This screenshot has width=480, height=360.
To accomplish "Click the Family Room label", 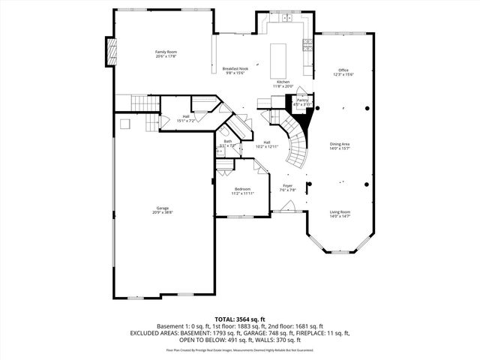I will (x=165, y=51).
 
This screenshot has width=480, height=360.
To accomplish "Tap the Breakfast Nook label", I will (x=235, y=68).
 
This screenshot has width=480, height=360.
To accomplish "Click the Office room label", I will (x=343, y=70).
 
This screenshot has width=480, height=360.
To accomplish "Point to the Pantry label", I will (x=302, y=100).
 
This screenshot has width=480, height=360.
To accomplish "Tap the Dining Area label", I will (x=340, y=144).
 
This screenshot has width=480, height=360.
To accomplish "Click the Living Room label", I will (x=340, y=212).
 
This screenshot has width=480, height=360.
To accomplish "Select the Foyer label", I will (x=287, y=185).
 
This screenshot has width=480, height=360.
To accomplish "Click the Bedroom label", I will (x=241, y=189).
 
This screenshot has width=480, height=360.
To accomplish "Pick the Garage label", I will (x=163, y=208).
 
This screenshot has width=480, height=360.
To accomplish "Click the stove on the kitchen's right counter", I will (x=307, y=44).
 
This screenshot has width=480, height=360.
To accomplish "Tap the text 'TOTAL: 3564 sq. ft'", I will (x=240, y=319).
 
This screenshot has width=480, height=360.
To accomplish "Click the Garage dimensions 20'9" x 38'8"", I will (x=163, y=213).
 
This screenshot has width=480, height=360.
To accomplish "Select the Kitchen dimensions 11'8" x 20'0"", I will (x=283, y=86).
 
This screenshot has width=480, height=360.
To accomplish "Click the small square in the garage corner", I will (x=126, y=123).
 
